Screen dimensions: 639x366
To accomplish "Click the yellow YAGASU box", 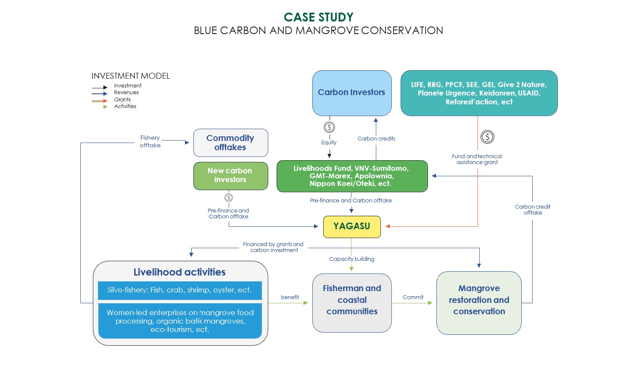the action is [352, 227].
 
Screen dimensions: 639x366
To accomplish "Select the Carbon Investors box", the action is [352, 93].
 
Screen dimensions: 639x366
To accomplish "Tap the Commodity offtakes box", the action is [230, 143].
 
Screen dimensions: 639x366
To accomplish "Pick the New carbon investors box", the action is [230, 176].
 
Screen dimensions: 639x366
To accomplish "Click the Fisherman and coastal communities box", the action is [352, 303].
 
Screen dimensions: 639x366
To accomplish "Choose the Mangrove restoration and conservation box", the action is [479, 303].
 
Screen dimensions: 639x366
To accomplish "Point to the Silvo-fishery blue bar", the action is [180, 290].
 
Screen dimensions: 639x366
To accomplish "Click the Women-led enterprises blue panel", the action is [180, 321].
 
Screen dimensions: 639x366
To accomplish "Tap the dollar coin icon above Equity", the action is [329, 127].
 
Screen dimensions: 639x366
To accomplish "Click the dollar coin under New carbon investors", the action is [229, 198].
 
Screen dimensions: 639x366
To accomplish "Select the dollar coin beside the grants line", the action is [487, 137].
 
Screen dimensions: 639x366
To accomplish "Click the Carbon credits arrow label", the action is [376, 139].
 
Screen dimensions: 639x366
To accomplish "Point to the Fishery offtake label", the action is [150, 142].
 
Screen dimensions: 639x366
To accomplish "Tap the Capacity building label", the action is [351, 259].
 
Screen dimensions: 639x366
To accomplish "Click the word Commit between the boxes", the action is [413, 297].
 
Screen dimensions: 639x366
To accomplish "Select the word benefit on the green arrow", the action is [290, 297].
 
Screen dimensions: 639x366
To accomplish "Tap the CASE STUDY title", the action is [319, 17].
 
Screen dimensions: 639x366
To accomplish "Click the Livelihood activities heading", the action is [180, 272].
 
